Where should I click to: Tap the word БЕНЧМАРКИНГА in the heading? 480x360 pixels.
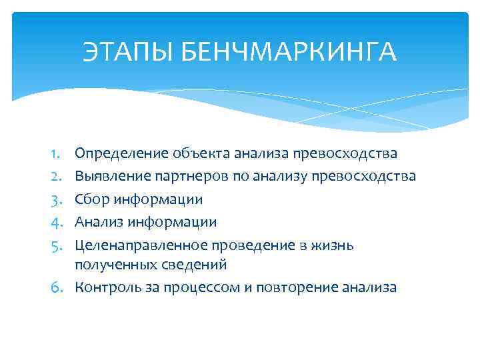pos(288,52)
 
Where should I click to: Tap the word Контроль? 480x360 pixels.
pos(108,287)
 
